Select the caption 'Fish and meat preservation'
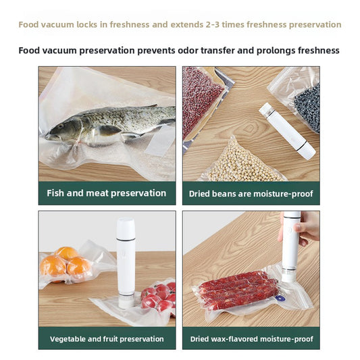[x=106, y=193]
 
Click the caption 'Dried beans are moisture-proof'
[x=251, y=194]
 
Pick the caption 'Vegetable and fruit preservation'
[x=107, y=338]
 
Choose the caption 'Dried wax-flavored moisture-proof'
[x=251, y=338]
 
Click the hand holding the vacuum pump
[x=308, y=226]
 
